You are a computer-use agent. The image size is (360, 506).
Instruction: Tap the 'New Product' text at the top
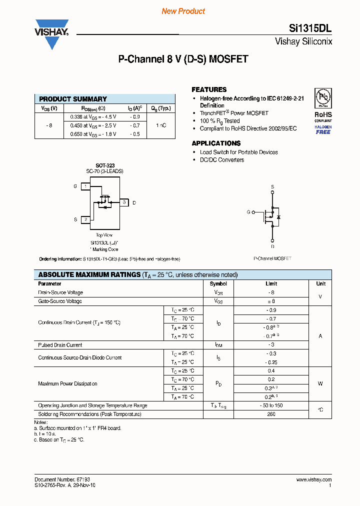(x=183, y=11)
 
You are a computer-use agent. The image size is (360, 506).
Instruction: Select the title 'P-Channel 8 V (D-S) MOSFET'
(x=183, y=59)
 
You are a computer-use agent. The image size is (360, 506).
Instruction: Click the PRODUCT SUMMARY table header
(x=73, y=99)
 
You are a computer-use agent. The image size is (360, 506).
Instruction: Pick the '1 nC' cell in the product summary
(x=161, y=125)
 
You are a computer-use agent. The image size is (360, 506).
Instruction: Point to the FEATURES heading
(x=209, y=89)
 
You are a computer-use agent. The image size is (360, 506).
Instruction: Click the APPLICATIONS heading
(x=216, y=143)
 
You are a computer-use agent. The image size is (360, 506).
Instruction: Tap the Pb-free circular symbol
(x=322, y=97)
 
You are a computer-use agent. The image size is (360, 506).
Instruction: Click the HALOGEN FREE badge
(x=323, y=129)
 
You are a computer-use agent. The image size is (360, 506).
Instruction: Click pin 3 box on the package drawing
(x=123, y=202)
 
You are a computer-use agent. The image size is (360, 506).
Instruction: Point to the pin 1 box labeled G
(x=85, y=186)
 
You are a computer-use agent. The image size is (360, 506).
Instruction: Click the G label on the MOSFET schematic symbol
(x=248, y=212)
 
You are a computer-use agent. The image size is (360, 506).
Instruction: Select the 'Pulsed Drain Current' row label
(x=60, y=345)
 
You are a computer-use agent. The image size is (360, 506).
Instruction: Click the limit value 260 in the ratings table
(x=271, y=414)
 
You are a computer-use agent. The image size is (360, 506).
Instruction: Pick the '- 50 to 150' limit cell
(x=271, y=405)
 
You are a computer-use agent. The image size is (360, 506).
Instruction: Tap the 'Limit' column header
(x=271, y=283)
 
